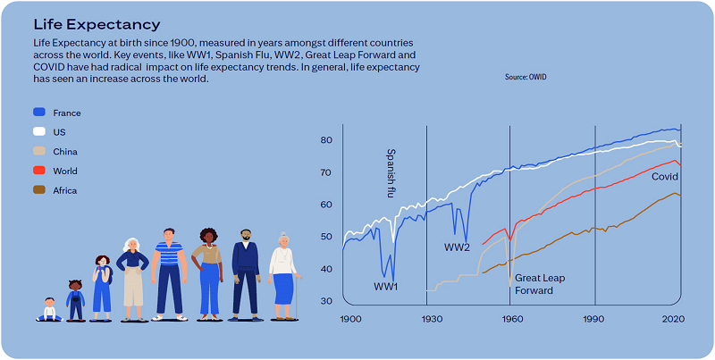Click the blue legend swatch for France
tap(38, 113)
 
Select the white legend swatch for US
tap(38, 132)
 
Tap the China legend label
tap(65, 152)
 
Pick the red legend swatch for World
tap(38, 171)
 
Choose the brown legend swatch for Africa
tap(38, 190)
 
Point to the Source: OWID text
tap(526, 78)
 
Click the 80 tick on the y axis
tap(327, 140)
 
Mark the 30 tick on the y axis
tap(327, 301)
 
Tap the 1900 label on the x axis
tap(349, 319)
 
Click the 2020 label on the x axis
tap(673, 319)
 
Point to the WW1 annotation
tap(386, 287)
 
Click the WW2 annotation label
tap(458, 247)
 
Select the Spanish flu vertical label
tap(391, 172)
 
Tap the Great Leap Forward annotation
tap(540, 284)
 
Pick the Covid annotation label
tap(664, 177)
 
